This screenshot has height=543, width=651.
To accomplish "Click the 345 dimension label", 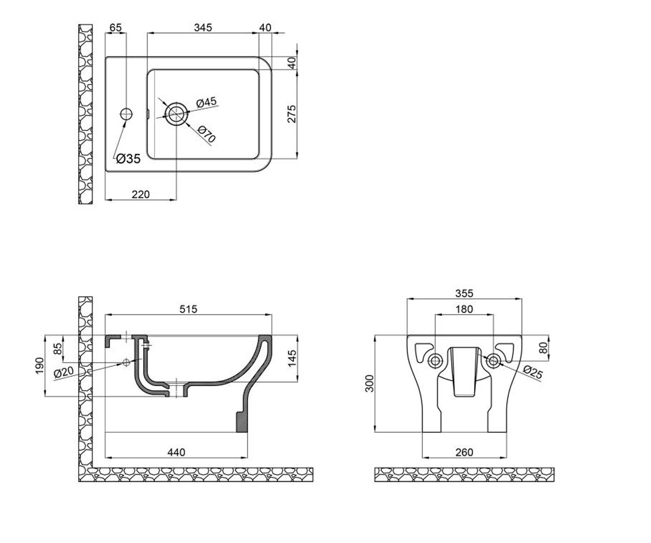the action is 203,28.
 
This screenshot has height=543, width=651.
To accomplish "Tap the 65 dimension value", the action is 116,28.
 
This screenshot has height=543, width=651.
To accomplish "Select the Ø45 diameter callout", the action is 206,102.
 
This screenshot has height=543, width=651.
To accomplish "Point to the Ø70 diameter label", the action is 207,135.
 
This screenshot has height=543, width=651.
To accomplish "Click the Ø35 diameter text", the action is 129,159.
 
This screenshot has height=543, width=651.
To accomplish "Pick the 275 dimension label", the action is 291,114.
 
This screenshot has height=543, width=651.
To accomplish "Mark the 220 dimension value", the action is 141,194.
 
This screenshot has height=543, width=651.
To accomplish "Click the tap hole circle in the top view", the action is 126,114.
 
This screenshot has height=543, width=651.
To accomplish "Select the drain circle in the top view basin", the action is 177,113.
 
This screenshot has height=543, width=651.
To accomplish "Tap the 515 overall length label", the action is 188,309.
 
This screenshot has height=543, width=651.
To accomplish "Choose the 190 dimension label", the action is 40,366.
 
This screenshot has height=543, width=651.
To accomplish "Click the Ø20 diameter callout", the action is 63,371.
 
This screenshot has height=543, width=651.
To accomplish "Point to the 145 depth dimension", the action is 291,358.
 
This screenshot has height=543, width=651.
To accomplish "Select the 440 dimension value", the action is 176,452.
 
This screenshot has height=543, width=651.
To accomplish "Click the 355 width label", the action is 464,293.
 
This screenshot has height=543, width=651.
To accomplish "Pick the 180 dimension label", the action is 464,310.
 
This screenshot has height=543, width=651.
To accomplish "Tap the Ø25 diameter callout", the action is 533,372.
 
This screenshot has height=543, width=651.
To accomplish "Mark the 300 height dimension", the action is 369,383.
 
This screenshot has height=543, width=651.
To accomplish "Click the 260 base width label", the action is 464,452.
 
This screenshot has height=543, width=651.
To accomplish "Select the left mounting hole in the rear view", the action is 435,361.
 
